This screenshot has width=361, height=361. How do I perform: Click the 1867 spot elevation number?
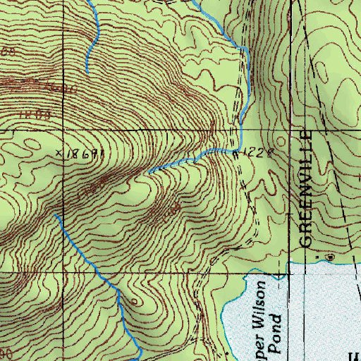(x=85, y=152)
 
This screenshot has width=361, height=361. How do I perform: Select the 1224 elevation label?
(x=255, y=152)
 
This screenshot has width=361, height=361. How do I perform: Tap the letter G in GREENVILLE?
(x=305, y=239)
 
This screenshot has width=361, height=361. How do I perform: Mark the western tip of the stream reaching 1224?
(x=148, y=171)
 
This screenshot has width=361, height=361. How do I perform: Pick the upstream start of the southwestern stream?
(x=55, y=216)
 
